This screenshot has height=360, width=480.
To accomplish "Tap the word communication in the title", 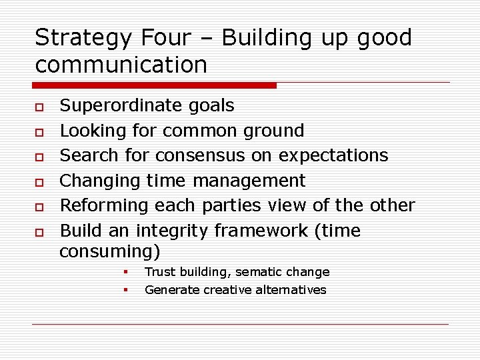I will (121, 65).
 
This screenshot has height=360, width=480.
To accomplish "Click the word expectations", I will (333, 155).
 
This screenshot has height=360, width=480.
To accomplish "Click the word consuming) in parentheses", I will (109, 251).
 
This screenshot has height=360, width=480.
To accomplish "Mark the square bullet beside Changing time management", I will (40, 182).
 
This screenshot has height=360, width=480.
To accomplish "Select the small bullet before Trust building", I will (125, 272).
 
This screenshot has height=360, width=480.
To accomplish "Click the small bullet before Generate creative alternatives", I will (125, 290).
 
